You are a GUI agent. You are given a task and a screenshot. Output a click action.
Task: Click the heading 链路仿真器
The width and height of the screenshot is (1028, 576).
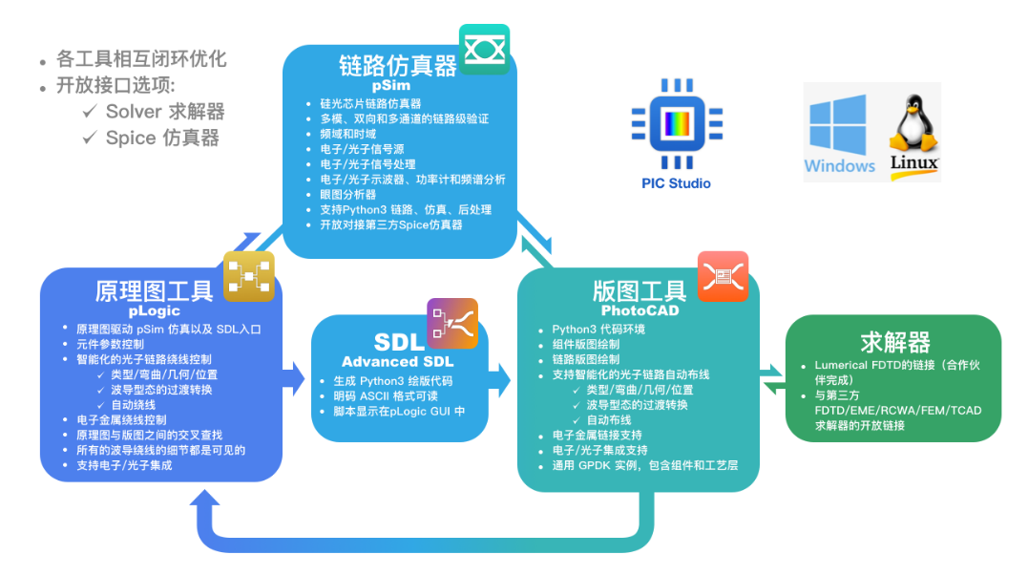click(x=398, y=66)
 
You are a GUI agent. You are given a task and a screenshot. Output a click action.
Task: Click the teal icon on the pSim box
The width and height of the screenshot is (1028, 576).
click(x=484, y=50)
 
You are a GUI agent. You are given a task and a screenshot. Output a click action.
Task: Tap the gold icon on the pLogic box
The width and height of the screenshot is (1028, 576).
click(x=249, y=277)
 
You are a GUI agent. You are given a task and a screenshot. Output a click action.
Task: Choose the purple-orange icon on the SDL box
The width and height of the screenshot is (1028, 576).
click(x=451, y=323)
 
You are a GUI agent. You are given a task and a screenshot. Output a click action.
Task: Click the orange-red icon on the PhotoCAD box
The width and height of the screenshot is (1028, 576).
click(x=723, y=276)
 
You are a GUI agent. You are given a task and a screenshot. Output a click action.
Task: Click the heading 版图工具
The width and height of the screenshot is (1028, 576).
click(x=640, y=290)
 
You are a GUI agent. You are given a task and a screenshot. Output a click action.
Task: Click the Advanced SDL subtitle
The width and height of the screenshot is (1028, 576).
click(x=398, y=362)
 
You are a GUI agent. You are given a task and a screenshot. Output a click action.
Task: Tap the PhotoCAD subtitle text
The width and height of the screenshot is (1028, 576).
click(x=639, y=310)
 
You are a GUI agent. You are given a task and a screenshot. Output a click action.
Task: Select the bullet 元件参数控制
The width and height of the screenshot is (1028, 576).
click(x=111, y=344)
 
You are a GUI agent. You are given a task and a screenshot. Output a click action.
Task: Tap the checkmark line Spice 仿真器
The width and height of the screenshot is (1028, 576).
click(x=162, y=138)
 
